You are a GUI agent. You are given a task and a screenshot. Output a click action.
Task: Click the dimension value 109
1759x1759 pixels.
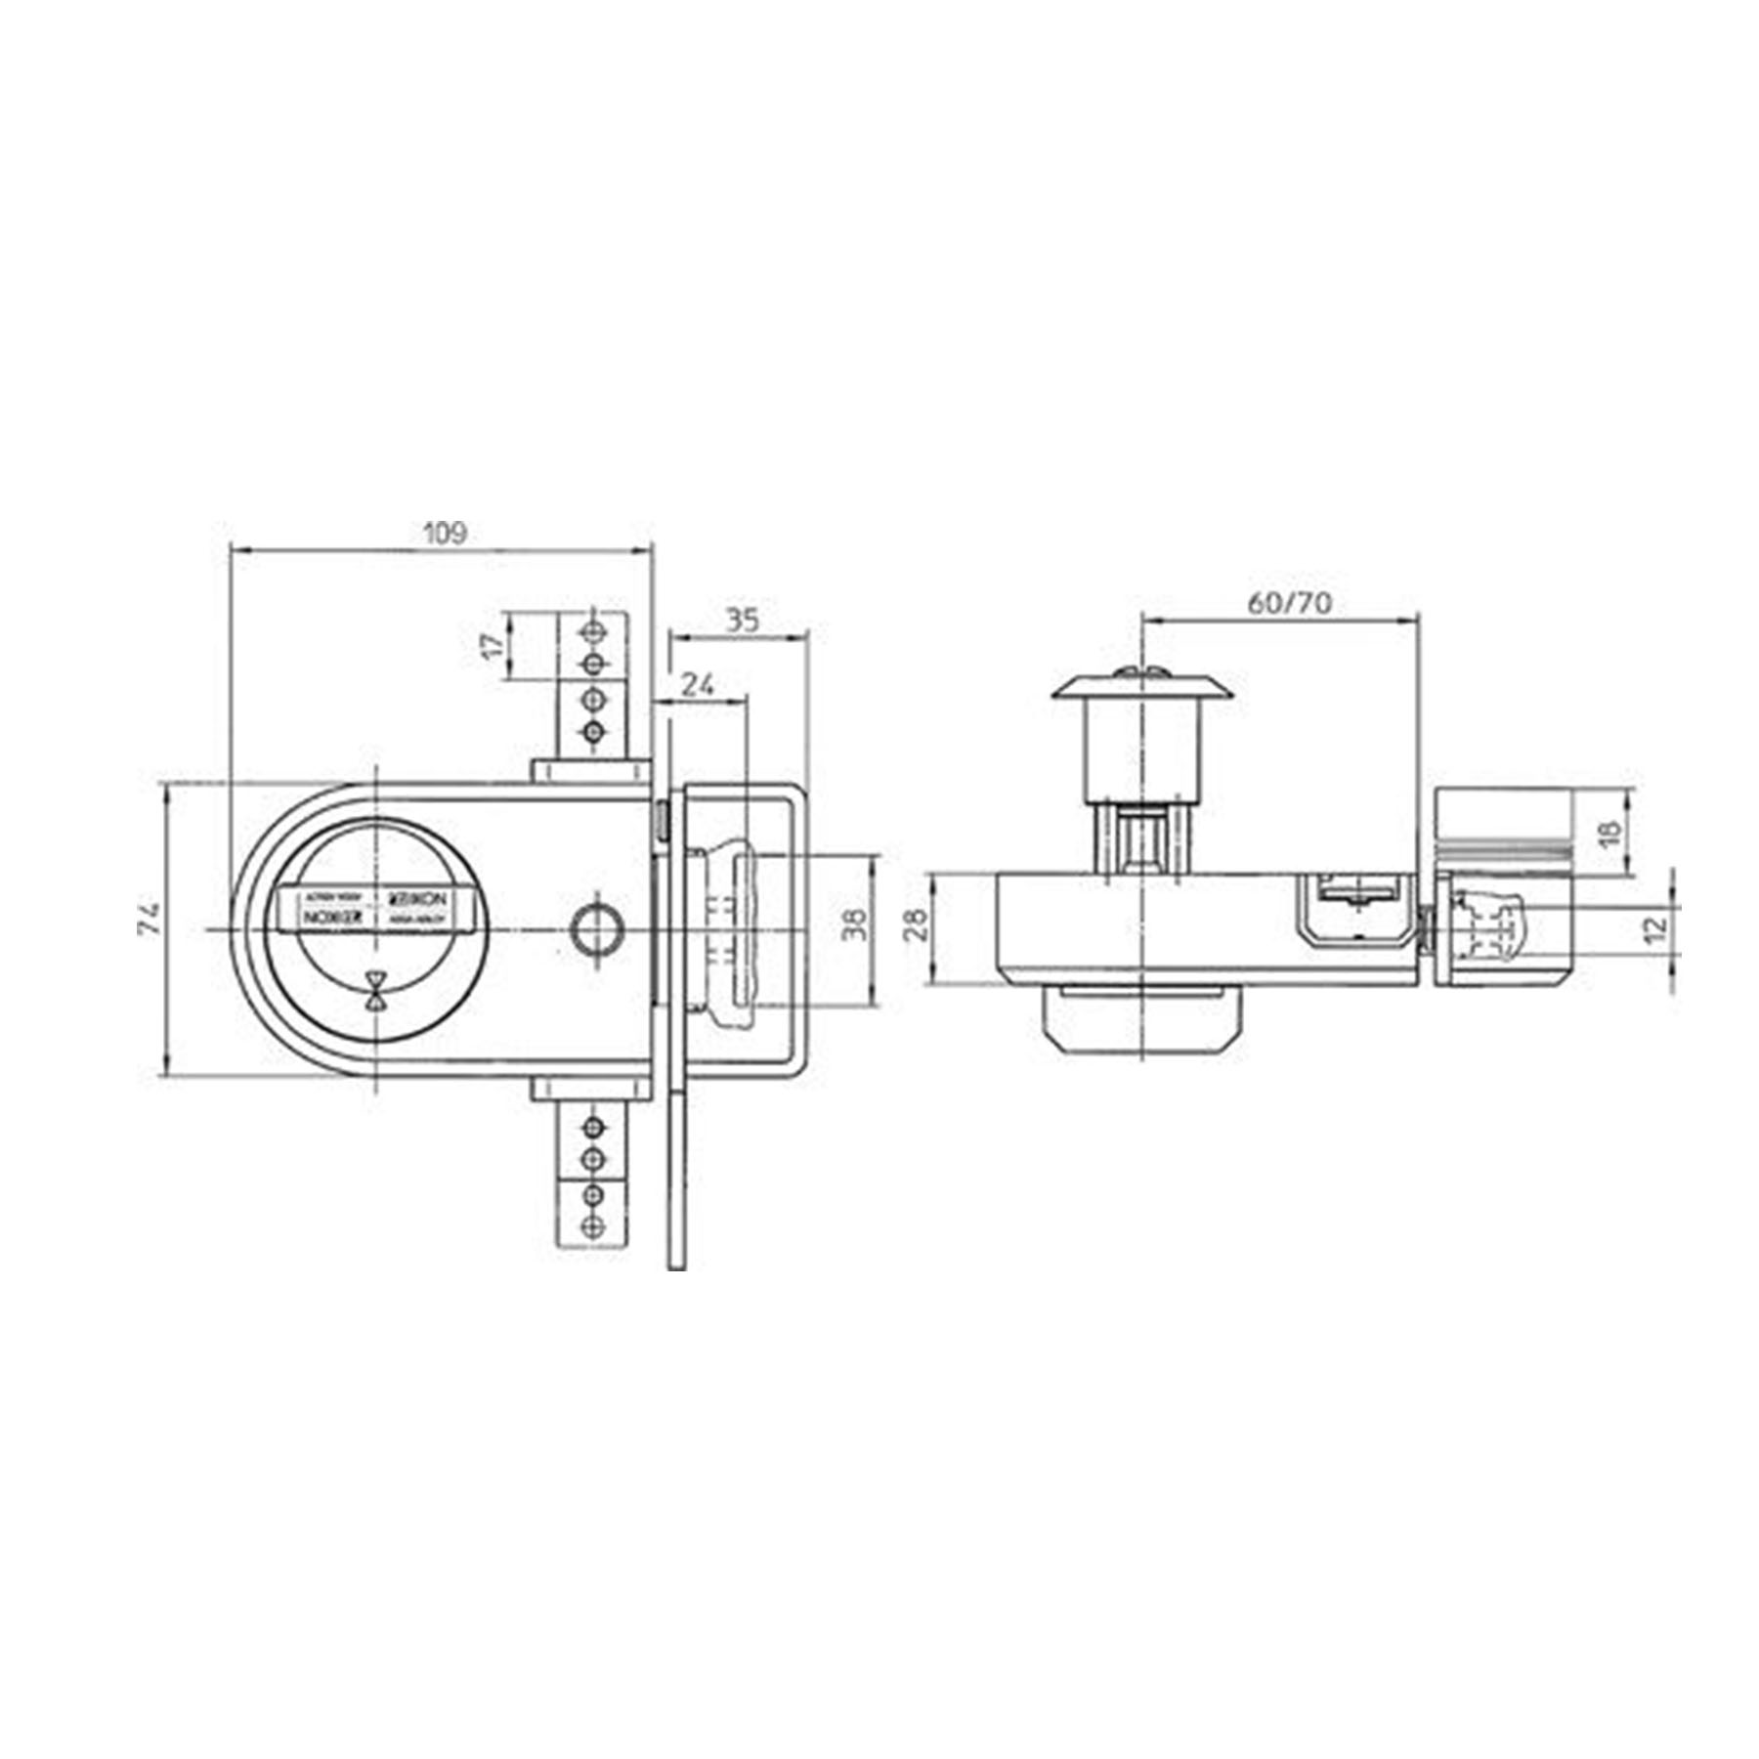click(446, 534)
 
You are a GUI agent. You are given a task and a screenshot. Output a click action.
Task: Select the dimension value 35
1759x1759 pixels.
click(744, 620)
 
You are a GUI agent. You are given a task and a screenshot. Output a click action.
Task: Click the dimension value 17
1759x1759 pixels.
click(495, 645)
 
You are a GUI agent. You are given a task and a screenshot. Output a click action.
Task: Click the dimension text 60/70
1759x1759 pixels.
click(1289, 603)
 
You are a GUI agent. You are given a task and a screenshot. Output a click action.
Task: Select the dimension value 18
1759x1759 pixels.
click(1612, 833)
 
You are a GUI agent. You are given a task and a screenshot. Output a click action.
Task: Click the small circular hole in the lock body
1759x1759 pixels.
click(595, 927)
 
